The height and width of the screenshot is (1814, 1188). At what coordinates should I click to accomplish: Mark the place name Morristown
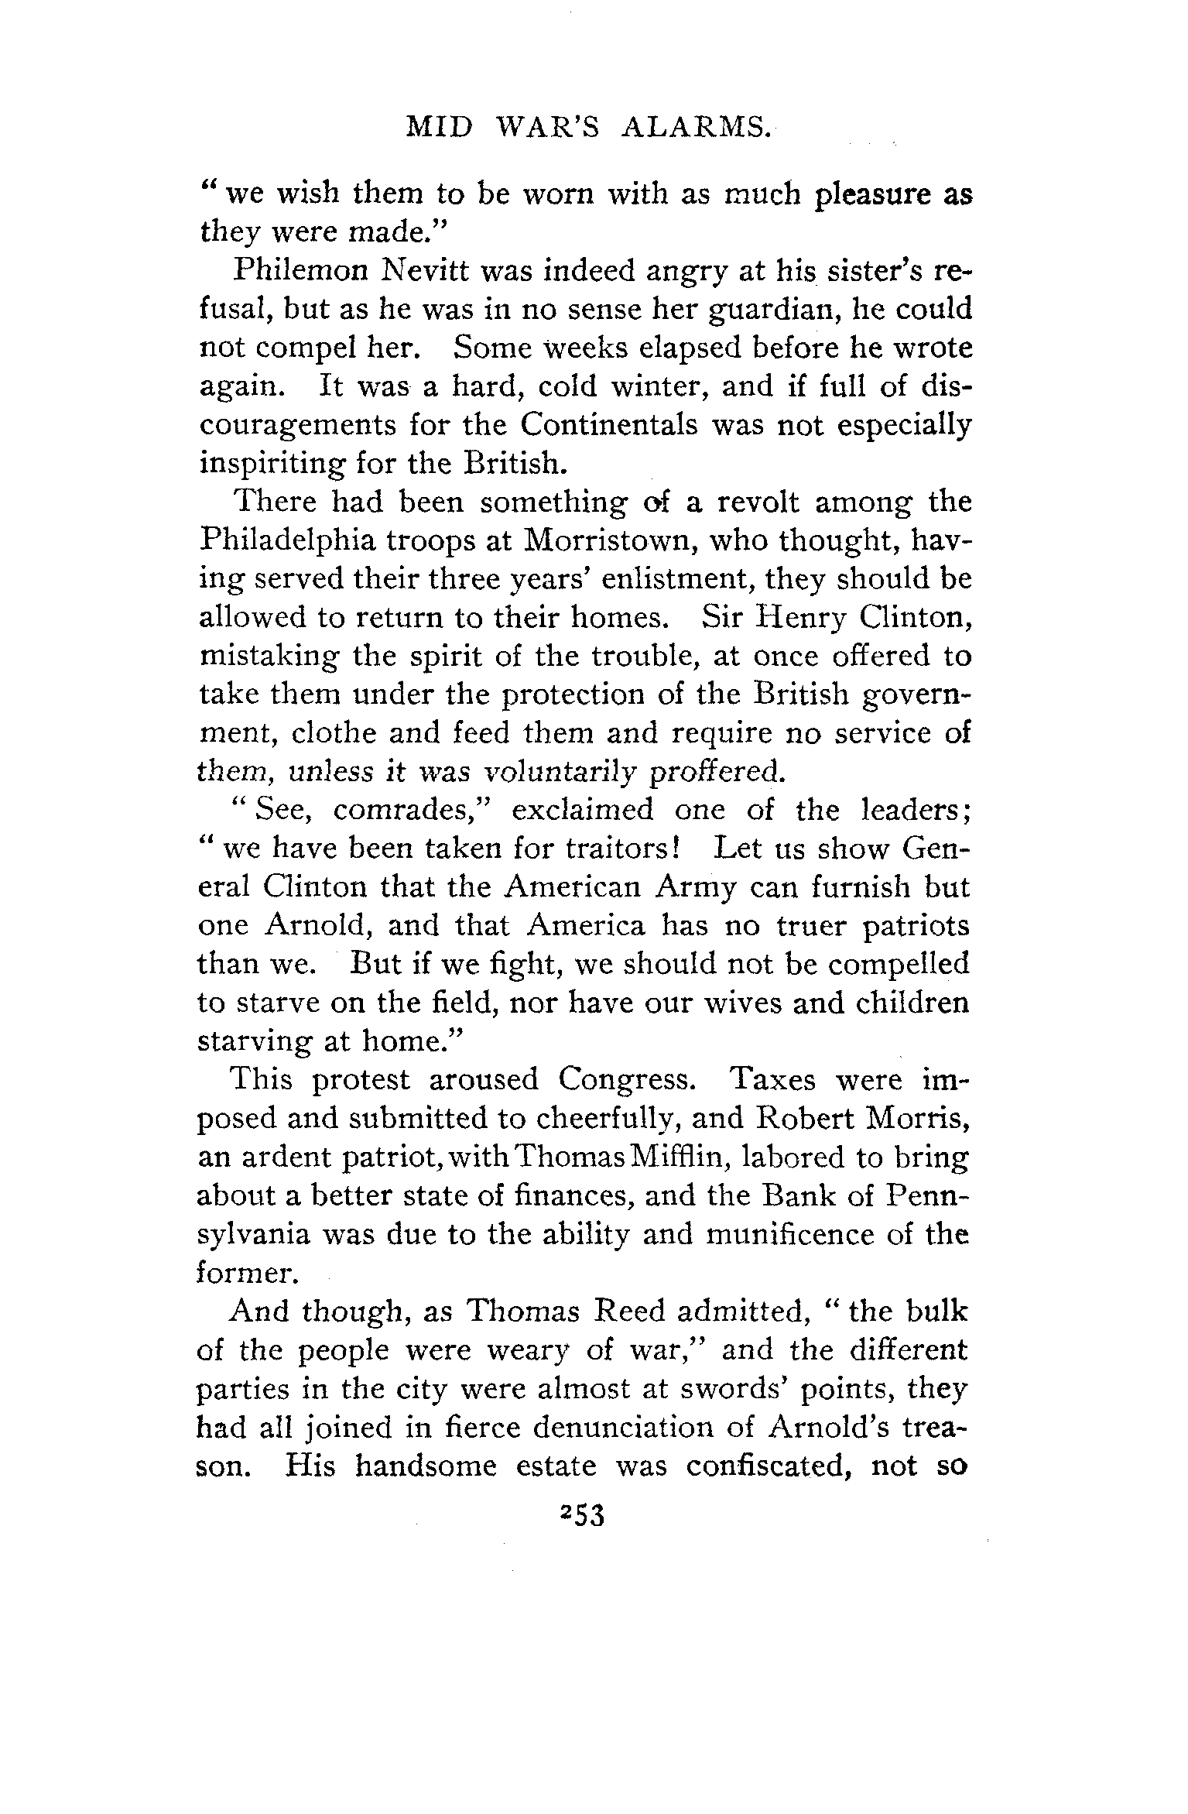pos(602,540)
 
